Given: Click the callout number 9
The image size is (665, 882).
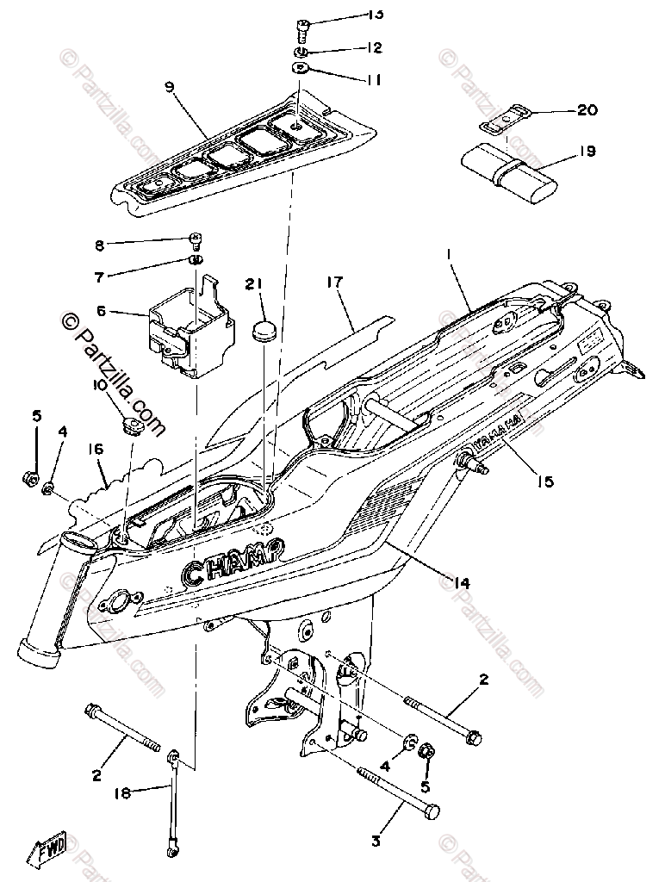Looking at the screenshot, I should click(x=169, y=86).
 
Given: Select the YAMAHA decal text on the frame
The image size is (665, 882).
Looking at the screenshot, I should click(x=499, y=432).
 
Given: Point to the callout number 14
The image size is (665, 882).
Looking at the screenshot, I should click(x=461, y=583).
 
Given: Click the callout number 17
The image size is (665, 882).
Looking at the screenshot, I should click(x=335, y=282).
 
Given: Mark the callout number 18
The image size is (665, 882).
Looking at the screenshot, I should click(x=122, y=792).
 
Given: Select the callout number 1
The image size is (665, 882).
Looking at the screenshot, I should click(x=449, y=255).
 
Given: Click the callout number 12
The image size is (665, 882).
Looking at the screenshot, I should click(x=350, y=47).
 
